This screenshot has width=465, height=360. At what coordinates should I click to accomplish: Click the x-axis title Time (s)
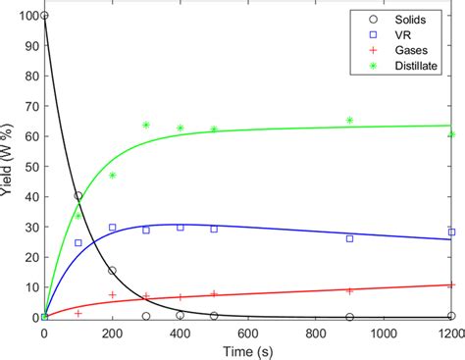tap(248, 350)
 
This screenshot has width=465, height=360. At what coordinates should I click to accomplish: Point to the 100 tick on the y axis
tap(26, 17)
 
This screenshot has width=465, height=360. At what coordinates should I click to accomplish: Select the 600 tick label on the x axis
tap(248, 333)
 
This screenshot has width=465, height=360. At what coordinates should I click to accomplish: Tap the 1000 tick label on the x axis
tap(384, 333)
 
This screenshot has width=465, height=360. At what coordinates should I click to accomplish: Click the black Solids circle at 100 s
tap(78, 196)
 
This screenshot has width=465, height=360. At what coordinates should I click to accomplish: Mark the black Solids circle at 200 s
tap(112, 271)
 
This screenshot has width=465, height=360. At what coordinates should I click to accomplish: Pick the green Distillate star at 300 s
tap(146, 126)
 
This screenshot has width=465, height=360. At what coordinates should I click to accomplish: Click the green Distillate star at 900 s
tap(350, 121)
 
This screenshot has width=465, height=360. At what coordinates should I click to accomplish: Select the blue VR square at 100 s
tap(78, 242)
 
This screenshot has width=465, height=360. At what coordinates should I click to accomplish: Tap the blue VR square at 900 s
tap(350, 238)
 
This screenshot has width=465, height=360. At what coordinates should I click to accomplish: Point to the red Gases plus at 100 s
tap(78, 313)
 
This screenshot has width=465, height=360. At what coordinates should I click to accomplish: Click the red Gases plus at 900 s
tap(350, 290)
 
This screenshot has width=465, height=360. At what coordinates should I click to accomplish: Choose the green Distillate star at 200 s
tap(112, 176)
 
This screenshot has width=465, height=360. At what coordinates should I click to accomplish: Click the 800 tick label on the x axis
tap(316, 333)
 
